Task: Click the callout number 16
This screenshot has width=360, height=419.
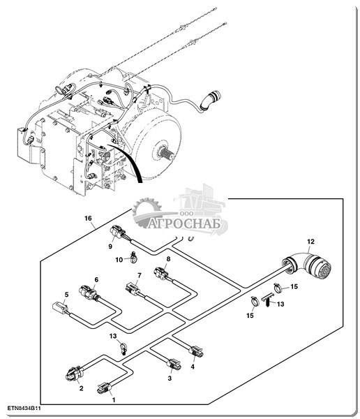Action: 88,219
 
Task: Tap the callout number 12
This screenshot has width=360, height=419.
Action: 310,242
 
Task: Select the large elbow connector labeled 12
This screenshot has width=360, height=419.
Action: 307,265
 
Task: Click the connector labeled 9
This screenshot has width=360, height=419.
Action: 118,233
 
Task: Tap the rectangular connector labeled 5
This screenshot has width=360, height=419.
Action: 61,307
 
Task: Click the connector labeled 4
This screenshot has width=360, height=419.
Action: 196,351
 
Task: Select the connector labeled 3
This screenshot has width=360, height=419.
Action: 174,364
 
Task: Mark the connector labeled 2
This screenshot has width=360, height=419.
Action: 74,374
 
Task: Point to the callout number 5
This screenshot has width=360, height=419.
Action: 66,295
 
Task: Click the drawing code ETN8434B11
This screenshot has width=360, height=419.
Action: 24,409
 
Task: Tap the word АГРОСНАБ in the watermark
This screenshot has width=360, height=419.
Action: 184,224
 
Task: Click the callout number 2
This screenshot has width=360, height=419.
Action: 81,388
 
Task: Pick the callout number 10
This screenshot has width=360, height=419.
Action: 119,260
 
